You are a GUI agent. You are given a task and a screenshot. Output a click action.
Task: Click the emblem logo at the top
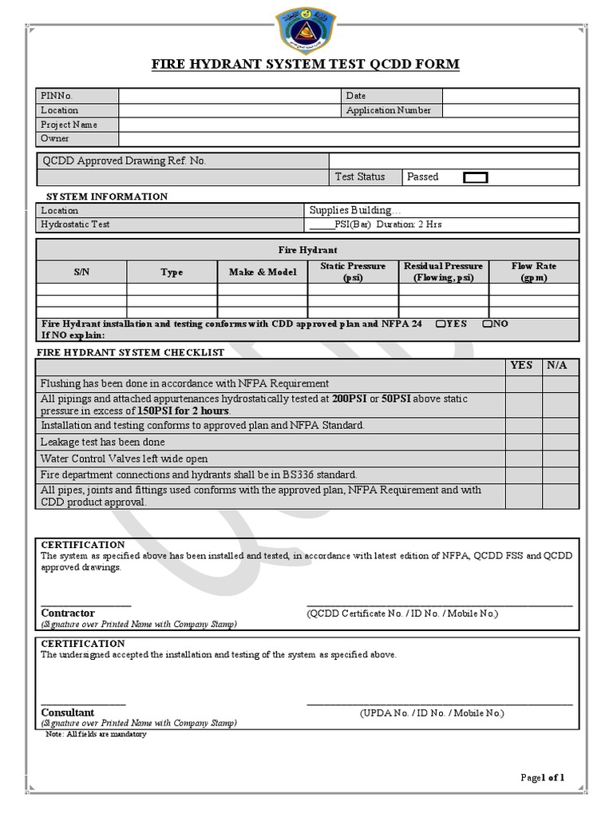(306, 29)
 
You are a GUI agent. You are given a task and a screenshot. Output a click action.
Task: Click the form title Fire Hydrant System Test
(306, 64)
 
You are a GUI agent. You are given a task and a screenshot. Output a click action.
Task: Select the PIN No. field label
(57, 96)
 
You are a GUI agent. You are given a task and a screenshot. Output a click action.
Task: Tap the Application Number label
(388, 110)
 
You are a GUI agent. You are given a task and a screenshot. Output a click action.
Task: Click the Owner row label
(55, 138)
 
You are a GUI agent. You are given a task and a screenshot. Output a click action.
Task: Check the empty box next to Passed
(476, 177)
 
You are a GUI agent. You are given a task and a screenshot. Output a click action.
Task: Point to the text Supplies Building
(350, 210)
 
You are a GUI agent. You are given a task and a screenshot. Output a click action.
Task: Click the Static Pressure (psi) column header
(353, 272)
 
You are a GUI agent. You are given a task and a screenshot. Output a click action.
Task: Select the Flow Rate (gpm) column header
(534, 272)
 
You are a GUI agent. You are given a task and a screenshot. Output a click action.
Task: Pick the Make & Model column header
(263, 272)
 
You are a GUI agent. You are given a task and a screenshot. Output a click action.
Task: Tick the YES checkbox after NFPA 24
(441, 324)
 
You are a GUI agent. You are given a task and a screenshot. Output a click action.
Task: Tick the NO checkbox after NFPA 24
(486, 324)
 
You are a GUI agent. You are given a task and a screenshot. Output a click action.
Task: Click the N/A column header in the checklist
(557, 365)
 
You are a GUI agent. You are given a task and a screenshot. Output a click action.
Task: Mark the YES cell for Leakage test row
(524, 442)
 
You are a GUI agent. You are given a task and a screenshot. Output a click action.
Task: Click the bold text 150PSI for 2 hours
(184, 411)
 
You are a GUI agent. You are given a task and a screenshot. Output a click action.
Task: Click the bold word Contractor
(68, 613)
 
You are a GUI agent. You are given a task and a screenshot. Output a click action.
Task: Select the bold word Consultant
(68, 713)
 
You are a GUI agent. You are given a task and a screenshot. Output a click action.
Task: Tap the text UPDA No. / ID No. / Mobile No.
(432, 713)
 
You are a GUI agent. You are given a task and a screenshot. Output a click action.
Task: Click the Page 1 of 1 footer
(542, 777)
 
